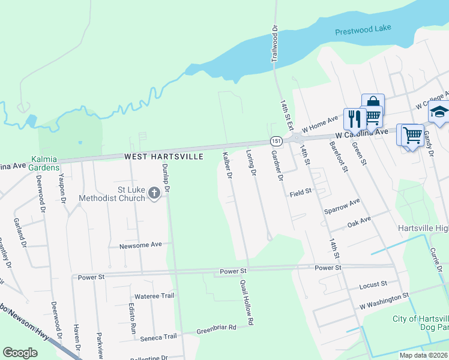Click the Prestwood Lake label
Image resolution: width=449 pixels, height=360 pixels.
[362, 32]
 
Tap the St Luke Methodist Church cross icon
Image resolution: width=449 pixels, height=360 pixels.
[154, 193]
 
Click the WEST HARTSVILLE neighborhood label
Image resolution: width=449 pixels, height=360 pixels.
[164, 157]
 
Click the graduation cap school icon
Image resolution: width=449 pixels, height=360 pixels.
[438, 112]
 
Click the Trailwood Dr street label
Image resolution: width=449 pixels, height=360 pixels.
[276, 44]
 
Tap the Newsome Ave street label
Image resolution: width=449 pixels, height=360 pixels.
[141, 245]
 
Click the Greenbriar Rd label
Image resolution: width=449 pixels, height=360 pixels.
[217, 328]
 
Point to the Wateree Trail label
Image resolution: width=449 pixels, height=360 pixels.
[154, 296]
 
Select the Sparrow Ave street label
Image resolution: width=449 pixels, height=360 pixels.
[342, 206]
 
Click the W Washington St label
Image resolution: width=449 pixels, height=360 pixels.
[384, 297]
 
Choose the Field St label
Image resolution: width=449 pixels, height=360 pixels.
[300, 192]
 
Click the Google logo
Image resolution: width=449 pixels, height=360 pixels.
[20, 352]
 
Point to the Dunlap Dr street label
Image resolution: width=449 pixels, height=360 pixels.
[166, 179]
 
